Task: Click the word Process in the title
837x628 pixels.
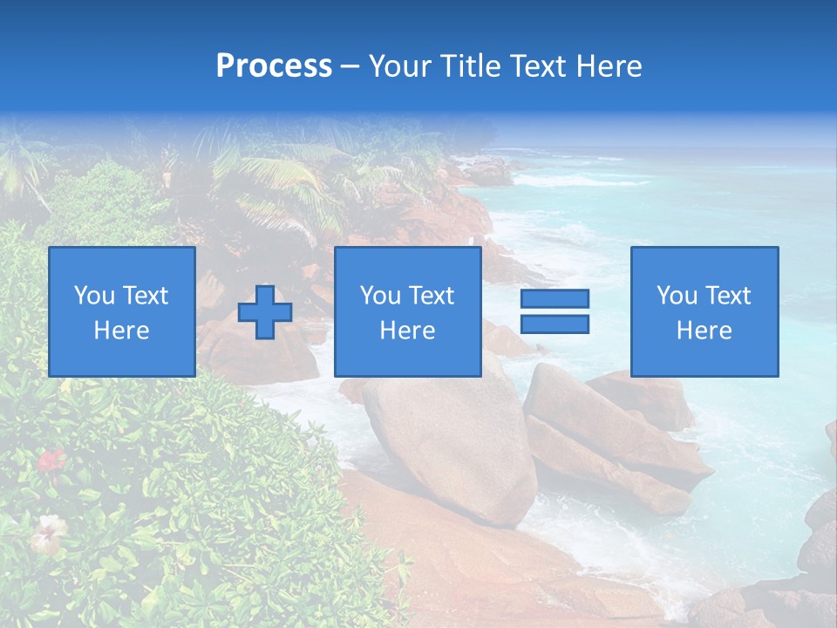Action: [274, 66]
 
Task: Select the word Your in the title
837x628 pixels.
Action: [402, 66]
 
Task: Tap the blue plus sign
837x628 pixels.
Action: [265, 312]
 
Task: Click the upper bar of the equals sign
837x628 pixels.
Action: [555, 298]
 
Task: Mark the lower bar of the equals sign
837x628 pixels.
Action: [555, 324]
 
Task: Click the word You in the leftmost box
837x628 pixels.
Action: [93, 296]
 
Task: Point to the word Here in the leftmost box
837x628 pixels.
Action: [122, 331]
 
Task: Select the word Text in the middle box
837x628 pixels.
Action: [431, 296]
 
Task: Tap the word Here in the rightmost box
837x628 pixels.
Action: [704, 331]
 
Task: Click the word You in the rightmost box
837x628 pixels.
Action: [677, 296]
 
